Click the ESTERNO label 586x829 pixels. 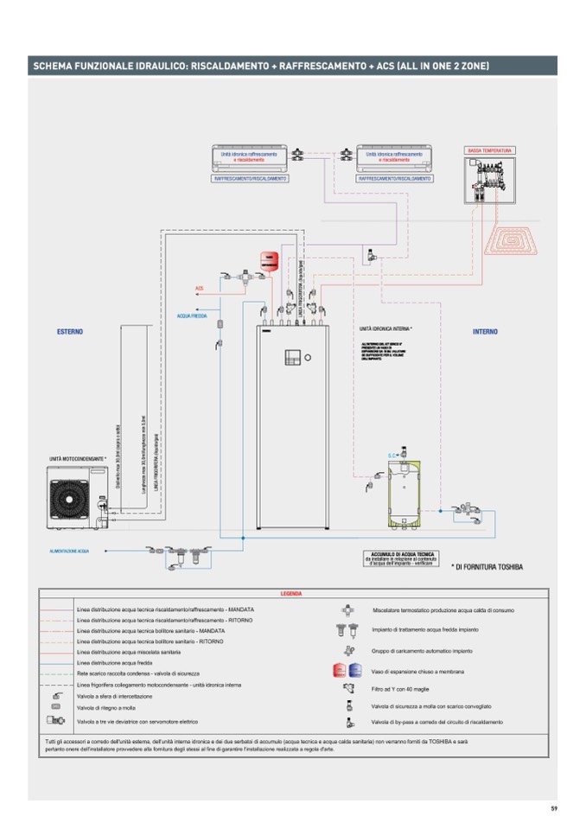(70, 332)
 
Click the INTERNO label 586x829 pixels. (485, 332)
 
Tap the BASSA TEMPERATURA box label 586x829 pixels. (490, 151)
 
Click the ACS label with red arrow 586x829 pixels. (199, 289)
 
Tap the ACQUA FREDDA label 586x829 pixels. (192, 316)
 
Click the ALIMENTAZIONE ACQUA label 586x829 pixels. (70, 550)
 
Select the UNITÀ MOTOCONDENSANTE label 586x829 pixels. (79, 458)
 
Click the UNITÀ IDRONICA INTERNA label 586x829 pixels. (385, 329)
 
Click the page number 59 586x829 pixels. (553, 808)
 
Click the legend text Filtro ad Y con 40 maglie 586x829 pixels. (402, 689)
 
